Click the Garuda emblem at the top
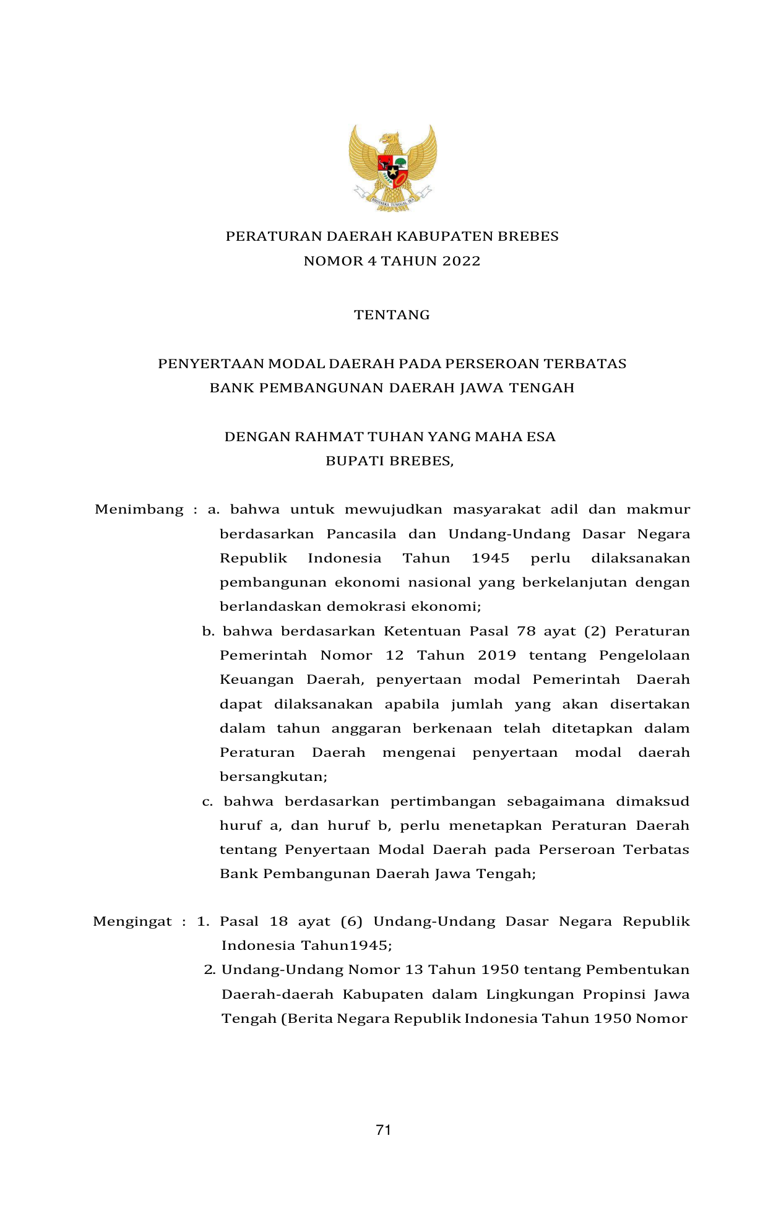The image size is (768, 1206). tap(392, 167)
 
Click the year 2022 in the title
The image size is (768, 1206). tap(461, 261)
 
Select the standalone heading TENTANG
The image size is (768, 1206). tap(392, 315)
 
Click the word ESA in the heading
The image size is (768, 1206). tap(541, 437)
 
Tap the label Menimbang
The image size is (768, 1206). tap(139, 510)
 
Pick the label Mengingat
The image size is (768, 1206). tap(132, 921)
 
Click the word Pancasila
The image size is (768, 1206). tap(361, 534)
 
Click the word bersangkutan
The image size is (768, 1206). tap(274, 777)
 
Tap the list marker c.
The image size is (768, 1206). tap(207, 802)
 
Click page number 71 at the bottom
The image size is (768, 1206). tap(383, 1130)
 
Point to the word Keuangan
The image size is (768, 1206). tap(256, 679)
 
